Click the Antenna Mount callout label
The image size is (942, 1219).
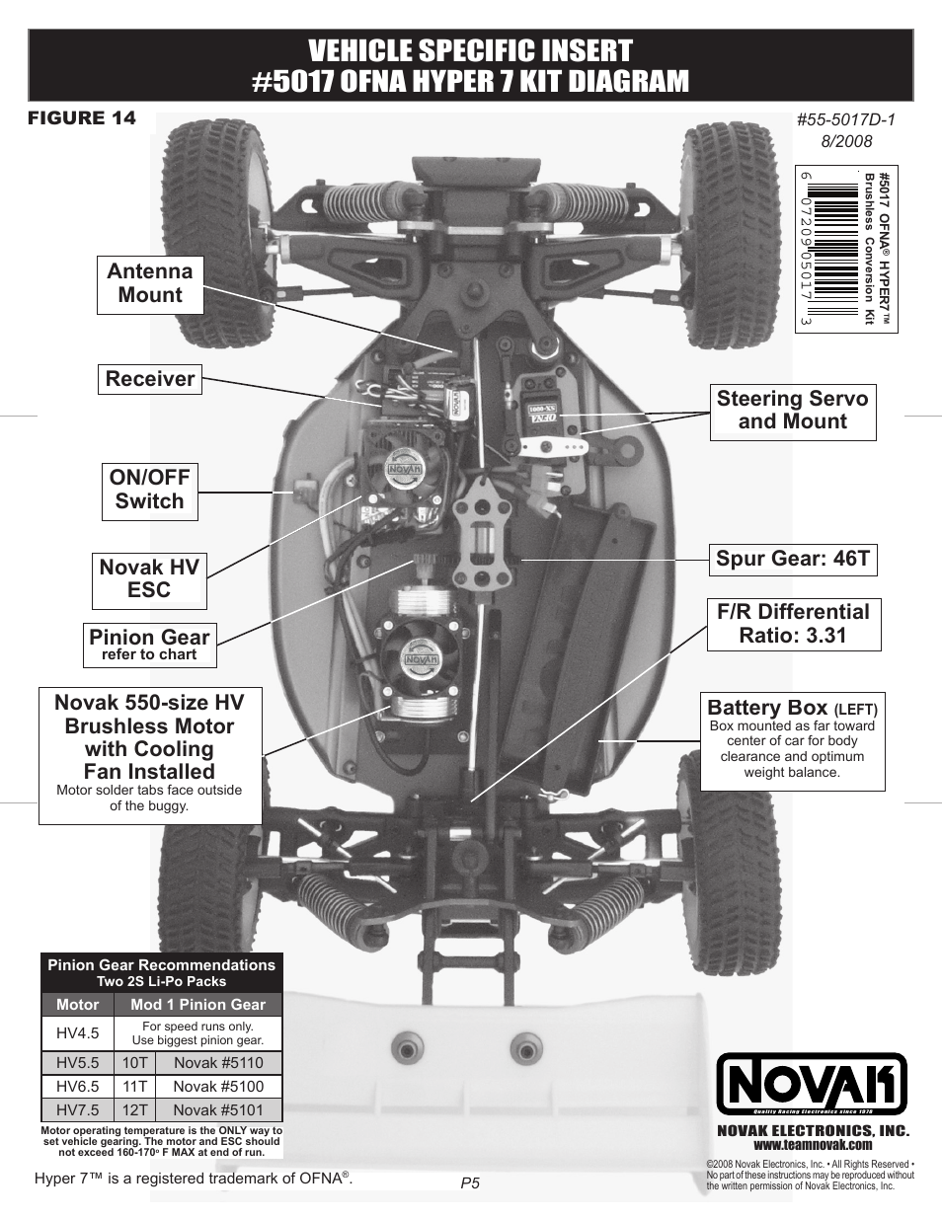pos(150,284)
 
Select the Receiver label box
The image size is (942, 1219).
pos(150,379)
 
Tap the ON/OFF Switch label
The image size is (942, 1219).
pos(149,490)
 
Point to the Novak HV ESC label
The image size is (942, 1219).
pos(149,579)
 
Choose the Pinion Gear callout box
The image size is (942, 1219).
pos(150,644)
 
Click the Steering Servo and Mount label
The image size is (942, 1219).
pos(792,411)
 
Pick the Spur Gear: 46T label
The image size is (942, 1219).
pos(792,559)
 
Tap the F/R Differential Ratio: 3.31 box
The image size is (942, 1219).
pos(793,623)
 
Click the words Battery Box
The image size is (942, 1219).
pos(767,707)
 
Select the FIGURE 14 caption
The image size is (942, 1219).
pos(82,118)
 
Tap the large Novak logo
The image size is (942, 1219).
pos(811,1086)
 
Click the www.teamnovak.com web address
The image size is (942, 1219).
pos(812,1145)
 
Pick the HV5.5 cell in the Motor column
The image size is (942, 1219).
pos(77,1063)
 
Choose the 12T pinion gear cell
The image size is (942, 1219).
pos(134,1110)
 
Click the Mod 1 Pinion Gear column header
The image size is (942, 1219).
pos(197,1005)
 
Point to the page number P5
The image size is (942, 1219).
pos(470,1182)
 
